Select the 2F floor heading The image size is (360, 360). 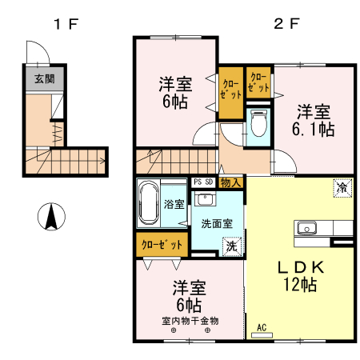286,23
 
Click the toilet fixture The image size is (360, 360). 258,125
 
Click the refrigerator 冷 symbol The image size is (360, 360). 342,189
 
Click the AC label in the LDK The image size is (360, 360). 262,326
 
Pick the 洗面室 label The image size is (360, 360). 216,223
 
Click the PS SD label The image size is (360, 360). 203,182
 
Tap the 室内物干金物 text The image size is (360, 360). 190,320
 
